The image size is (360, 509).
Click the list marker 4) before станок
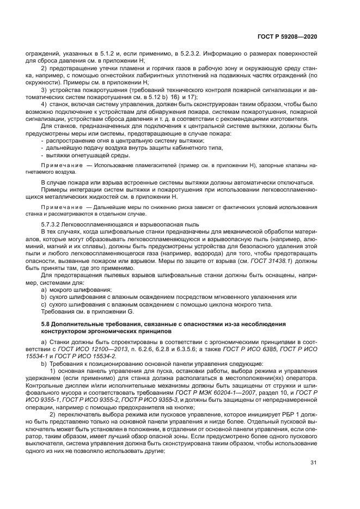45,103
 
